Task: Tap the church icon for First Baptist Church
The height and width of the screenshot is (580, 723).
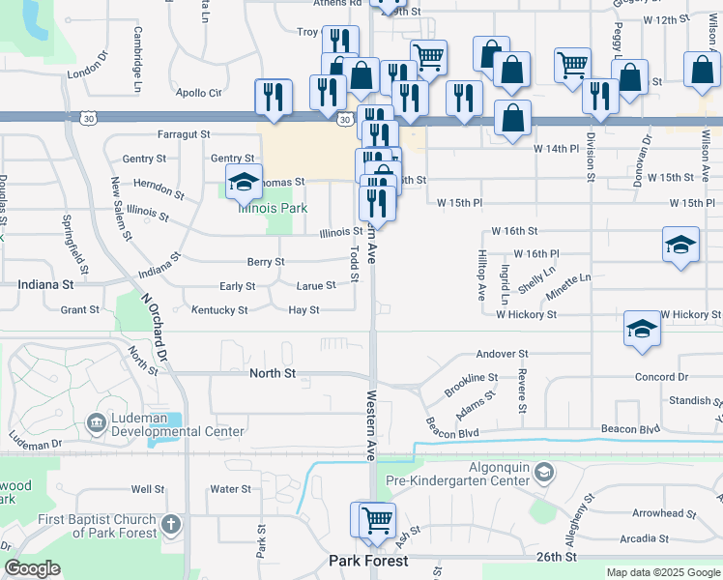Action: tap(170, 525)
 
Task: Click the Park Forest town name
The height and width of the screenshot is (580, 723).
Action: tap(368, 561)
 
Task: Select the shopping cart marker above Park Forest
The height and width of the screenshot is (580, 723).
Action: tap(376, 519)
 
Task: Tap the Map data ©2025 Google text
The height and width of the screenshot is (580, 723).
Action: tap(663, 572)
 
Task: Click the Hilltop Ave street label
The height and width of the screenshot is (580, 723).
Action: tap(480, 274)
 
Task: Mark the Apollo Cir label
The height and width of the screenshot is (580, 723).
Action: tap(199, 93)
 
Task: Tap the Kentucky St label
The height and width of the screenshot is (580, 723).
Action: tap(219, 310)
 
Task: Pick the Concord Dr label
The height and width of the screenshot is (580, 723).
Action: tap(661, 377)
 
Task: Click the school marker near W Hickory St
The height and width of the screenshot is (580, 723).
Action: tap(642, 330)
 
